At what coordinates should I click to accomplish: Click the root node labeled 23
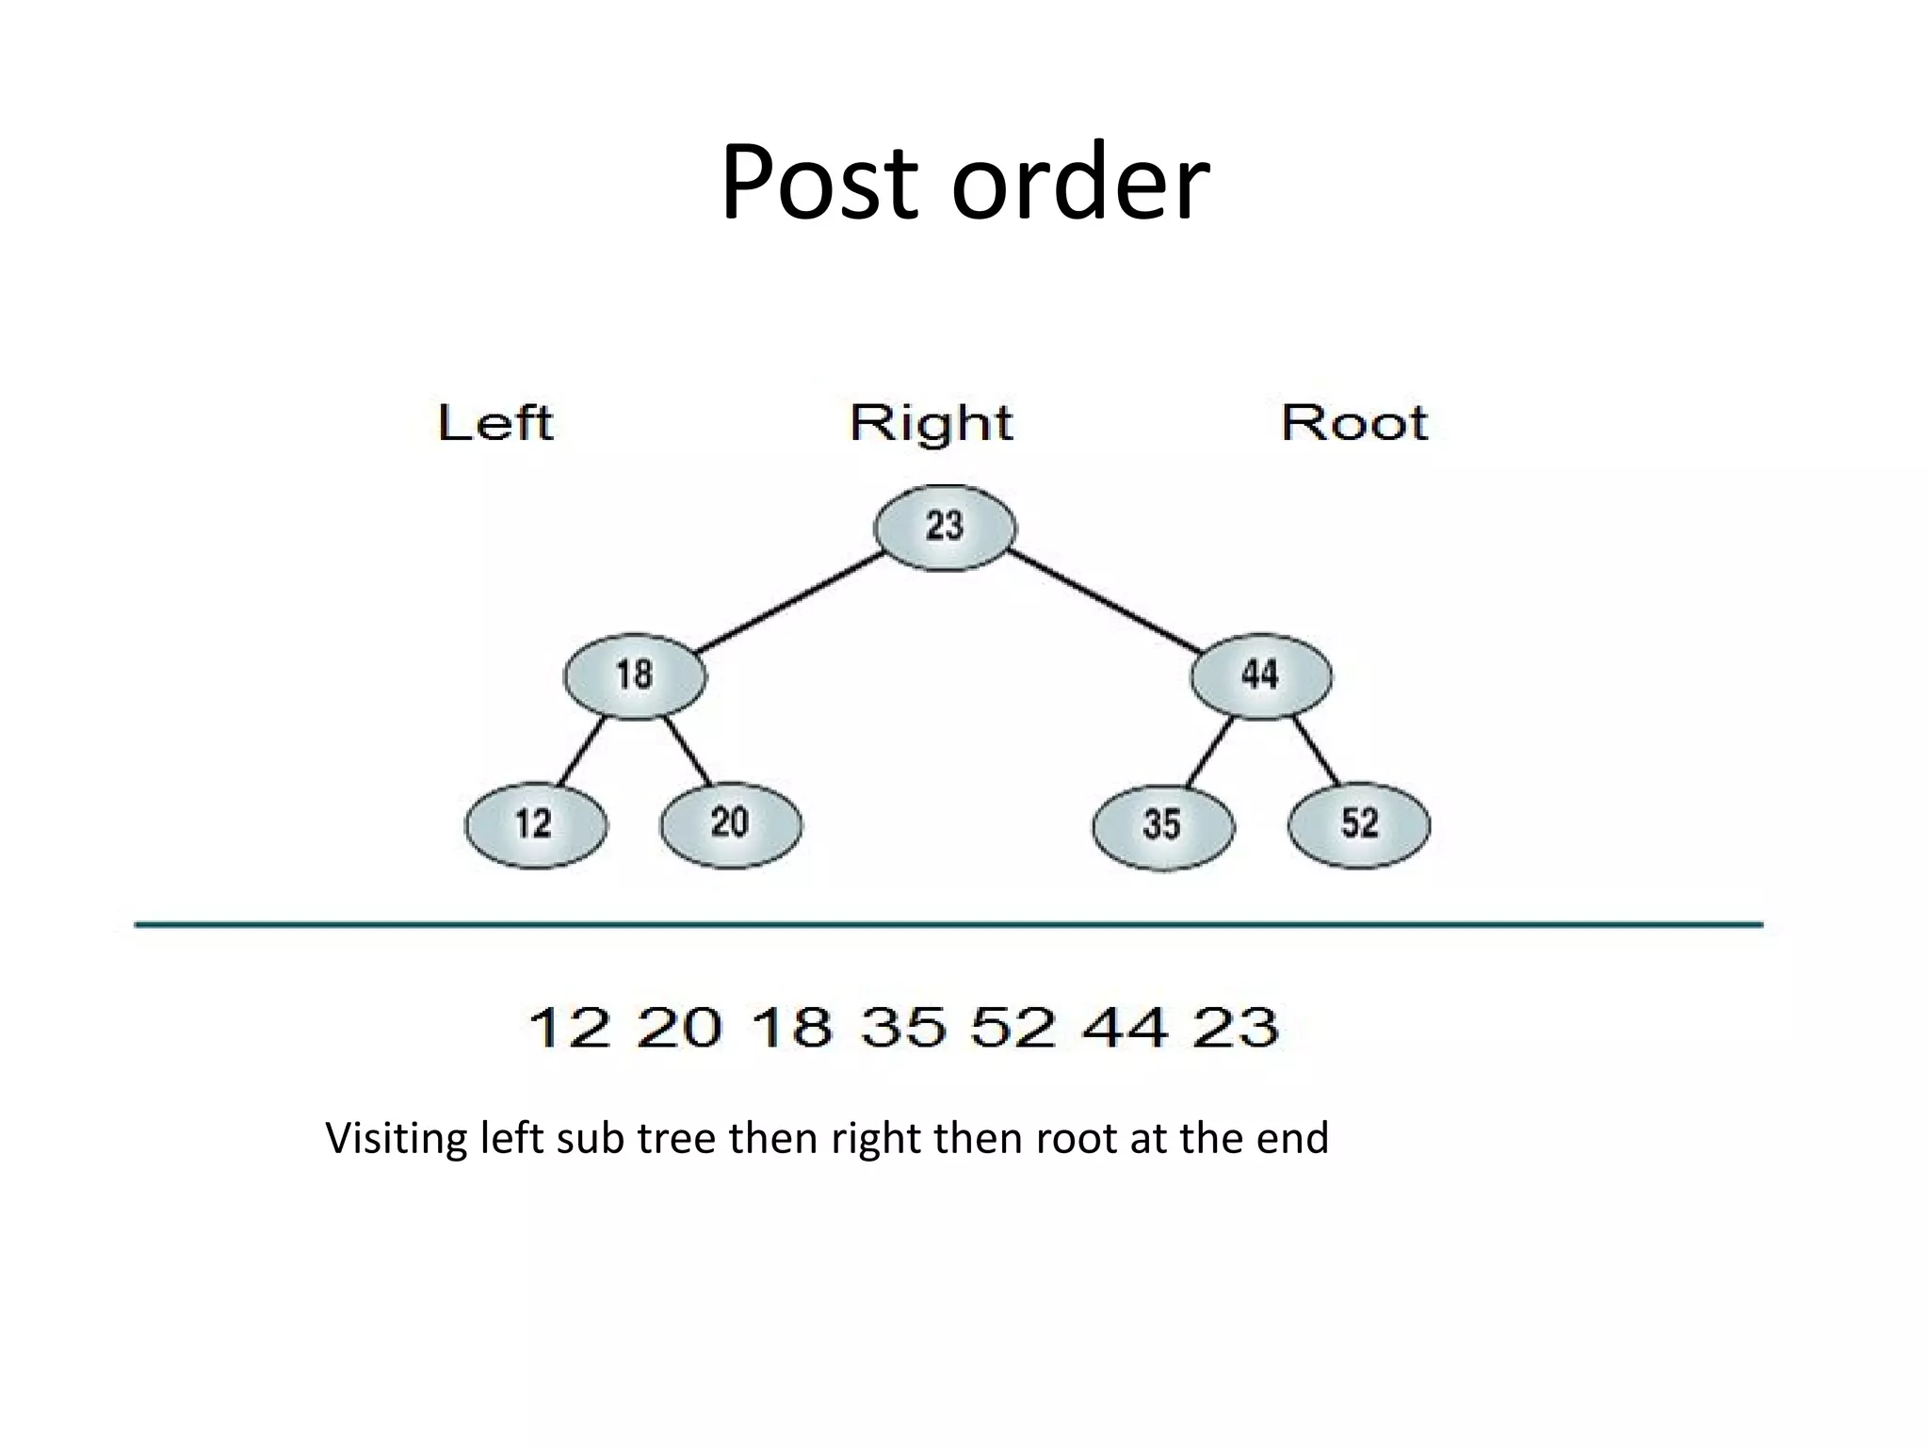(945, 527)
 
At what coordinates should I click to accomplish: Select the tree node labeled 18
(635, 675)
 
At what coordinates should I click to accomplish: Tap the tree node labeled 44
(1260, 675)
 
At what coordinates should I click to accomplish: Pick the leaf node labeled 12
(535, 824)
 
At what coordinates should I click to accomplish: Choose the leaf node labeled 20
(731, 824)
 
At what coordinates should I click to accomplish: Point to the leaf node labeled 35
(1162, 825)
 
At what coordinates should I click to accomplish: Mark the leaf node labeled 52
(1358, 824)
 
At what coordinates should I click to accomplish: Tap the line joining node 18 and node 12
(581, 751)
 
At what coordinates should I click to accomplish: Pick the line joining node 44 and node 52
(1316, 751)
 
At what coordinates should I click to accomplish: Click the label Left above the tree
(495, 423)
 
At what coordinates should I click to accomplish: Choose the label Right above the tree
(931, 424)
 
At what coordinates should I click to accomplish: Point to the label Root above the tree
(1354, 423)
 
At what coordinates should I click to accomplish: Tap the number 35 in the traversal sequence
(902, 1027)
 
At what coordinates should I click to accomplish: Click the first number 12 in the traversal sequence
(569, 1027)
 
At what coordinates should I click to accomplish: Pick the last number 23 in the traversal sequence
(1236, 1027)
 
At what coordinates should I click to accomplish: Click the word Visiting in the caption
(396, 1138)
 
